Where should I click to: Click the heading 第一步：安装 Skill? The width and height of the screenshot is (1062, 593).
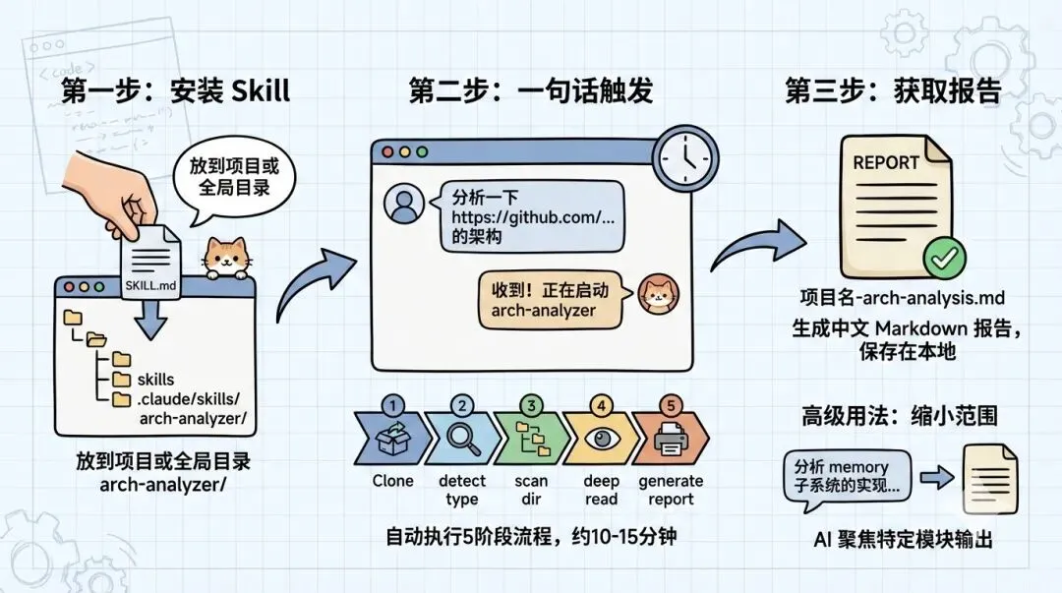175,92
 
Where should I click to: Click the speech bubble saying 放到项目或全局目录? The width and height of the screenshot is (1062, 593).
233,177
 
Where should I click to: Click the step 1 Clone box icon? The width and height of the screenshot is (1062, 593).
391,440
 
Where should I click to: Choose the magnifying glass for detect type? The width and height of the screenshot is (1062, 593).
461,440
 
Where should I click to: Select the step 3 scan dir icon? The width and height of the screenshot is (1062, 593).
531,440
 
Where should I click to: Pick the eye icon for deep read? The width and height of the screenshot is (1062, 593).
601,440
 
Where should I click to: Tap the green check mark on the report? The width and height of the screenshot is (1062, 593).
943,259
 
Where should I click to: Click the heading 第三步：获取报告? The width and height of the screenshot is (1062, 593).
892,92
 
